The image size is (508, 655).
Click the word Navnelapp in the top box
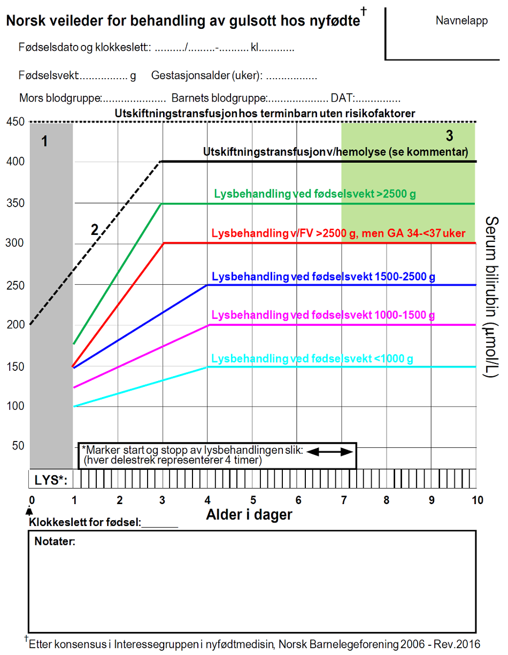click(x=461, y=21)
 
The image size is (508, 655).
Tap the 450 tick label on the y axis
click(x=16, y=122)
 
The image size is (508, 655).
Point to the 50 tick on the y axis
click(x=19, y=446)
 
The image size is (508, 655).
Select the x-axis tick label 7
click(x=342, y=500)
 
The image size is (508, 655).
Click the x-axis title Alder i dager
click(x=249, y=515)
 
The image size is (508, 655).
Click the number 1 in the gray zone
click(x=45, y=142)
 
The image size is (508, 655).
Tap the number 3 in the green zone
click(x=449, y=134)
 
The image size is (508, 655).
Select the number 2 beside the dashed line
click(x=95, y=230)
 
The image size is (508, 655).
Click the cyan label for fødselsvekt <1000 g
click(x=312, y=359)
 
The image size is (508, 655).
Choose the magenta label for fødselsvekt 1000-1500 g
click(x=323, y=315)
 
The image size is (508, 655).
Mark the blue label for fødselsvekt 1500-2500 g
click(x=324, y=277)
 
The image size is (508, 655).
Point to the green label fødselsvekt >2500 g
click(x=314, y=194)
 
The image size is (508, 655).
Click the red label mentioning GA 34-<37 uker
click(x=338, y=234)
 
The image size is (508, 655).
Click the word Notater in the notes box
click(x=55, y=542)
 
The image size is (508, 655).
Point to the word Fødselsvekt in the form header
click(x=49, y=76)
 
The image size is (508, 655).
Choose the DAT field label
click(x=341, y=98)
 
